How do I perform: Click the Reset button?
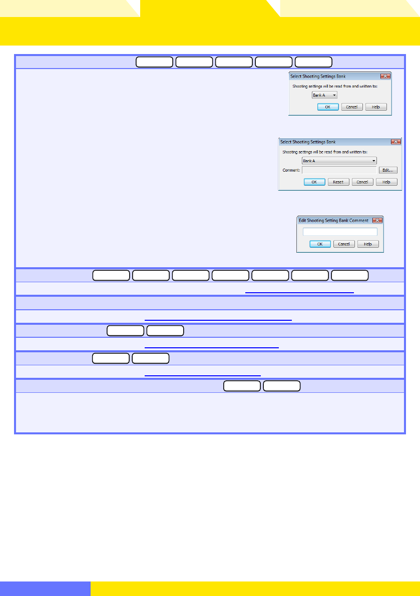click(x=338, y=182)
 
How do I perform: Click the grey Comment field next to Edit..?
click(x=338, y=170)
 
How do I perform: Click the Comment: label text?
click(x=291, y=170)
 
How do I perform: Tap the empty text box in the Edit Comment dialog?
click(x=340, y=232)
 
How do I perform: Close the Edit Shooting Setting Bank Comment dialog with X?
click(x=377, y=220)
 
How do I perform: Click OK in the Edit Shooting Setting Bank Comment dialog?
click(x=320, y=244)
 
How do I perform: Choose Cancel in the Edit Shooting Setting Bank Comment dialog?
click(x=344, y=244)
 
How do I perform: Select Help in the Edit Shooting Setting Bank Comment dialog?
click(x=368, y=244)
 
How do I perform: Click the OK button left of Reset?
click(x=314, y=182)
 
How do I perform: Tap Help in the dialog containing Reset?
click(x=386, y=182)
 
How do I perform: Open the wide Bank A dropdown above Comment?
click(x=339, y=161)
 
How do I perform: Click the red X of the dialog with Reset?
click(x=395, y=142)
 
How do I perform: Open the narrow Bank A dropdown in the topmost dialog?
click(x=324, y=95)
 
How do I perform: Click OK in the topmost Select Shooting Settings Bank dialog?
click(x=328, y=107)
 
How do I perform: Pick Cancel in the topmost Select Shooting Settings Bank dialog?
click(x=352, y=107)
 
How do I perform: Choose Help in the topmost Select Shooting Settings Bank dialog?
click(x=376, y=107)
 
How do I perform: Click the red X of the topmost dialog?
click(x=385, y=76)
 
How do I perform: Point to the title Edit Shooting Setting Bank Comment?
click(x=333, y=220)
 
